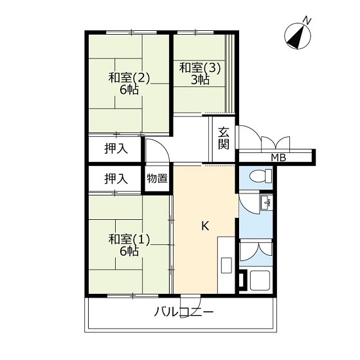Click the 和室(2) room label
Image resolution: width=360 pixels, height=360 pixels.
pos(129,78)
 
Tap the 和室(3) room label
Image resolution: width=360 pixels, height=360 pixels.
pos(200,68)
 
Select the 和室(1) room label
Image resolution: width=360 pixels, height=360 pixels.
pos(129,240)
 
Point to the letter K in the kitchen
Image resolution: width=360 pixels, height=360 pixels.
pos(205,226)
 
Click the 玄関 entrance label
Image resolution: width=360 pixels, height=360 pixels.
pos(224,138)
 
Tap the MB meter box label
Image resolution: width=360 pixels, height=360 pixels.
pos(278,157)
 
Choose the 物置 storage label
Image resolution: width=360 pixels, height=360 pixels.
pos(157,178)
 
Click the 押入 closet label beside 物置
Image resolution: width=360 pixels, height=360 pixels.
pos(116,179)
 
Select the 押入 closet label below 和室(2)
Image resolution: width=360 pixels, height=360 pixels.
pos(116,148)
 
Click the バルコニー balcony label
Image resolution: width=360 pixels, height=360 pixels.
pos(184,312)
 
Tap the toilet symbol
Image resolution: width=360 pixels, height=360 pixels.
pos(260,176)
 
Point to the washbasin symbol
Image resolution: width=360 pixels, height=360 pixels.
pos(266,203)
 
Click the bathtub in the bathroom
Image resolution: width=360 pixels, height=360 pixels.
pos(260,280)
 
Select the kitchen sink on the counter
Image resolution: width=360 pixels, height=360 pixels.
pos(226,265)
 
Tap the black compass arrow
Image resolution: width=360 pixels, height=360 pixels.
pos(296,37)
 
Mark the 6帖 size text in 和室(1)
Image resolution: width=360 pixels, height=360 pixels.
pos(129,251)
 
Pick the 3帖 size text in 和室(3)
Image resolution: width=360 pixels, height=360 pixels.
pos(200,80)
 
